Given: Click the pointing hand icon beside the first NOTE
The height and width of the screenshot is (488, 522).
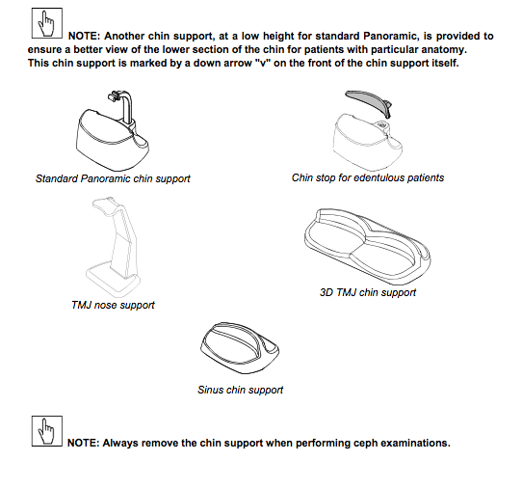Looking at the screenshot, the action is [x=47, y=23].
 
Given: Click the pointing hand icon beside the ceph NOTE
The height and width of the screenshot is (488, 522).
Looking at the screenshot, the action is [x=47, y=431].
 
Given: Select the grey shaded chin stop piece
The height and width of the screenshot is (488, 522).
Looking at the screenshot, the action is [x=369, y=103].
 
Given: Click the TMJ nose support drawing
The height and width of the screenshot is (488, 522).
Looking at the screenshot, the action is [x=114, y=247].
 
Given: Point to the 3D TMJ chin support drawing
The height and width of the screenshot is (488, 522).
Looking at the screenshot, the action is [x=367, y=246].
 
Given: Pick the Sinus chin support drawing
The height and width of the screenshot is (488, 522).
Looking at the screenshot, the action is [x=240, y=347].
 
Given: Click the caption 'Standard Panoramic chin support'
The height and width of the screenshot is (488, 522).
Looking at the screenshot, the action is [x=113, y=178].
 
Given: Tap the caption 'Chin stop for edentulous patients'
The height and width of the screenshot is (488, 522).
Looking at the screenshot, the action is [x=368, y=177].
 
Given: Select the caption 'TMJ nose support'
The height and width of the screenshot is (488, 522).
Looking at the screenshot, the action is [x=114, y=305].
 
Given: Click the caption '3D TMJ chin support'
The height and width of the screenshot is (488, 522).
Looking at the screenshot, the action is [x=368, y=292].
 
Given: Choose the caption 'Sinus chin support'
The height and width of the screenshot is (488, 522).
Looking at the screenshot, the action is [x=241, y=390].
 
